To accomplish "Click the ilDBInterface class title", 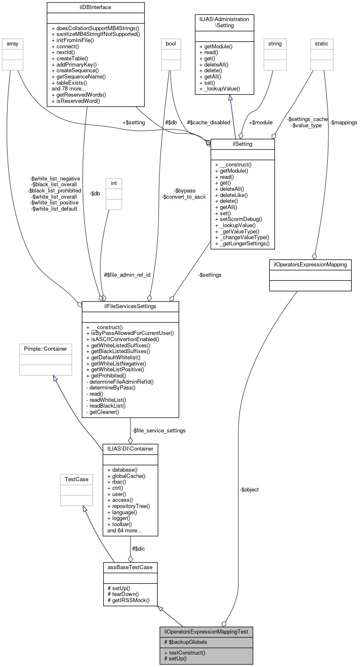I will click(95, 7).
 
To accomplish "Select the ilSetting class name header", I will click(242, 144).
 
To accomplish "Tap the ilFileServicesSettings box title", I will click(130, 306).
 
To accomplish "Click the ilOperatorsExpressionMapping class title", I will click(310, 264).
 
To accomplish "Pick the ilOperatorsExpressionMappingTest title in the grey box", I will click(206, 631).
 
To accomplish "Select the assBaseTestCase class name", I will click(130, 567).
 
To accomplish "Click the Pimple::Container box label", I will click(45, 349).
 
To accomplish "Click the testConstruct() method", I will click(185, 653).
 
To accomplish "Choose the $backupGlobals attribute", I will click(185, 642).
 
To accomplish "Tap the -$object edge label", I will click(249, 490).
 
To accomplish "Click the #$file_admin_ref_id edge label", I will click(127, 275).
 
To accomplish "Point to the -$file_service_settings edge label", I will click(159, 431).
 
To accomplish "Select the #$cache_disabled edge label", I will click(208, 123).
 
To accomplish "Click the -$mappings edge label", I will click(343, 123).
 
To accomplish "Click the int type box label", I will click(114, 183).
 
